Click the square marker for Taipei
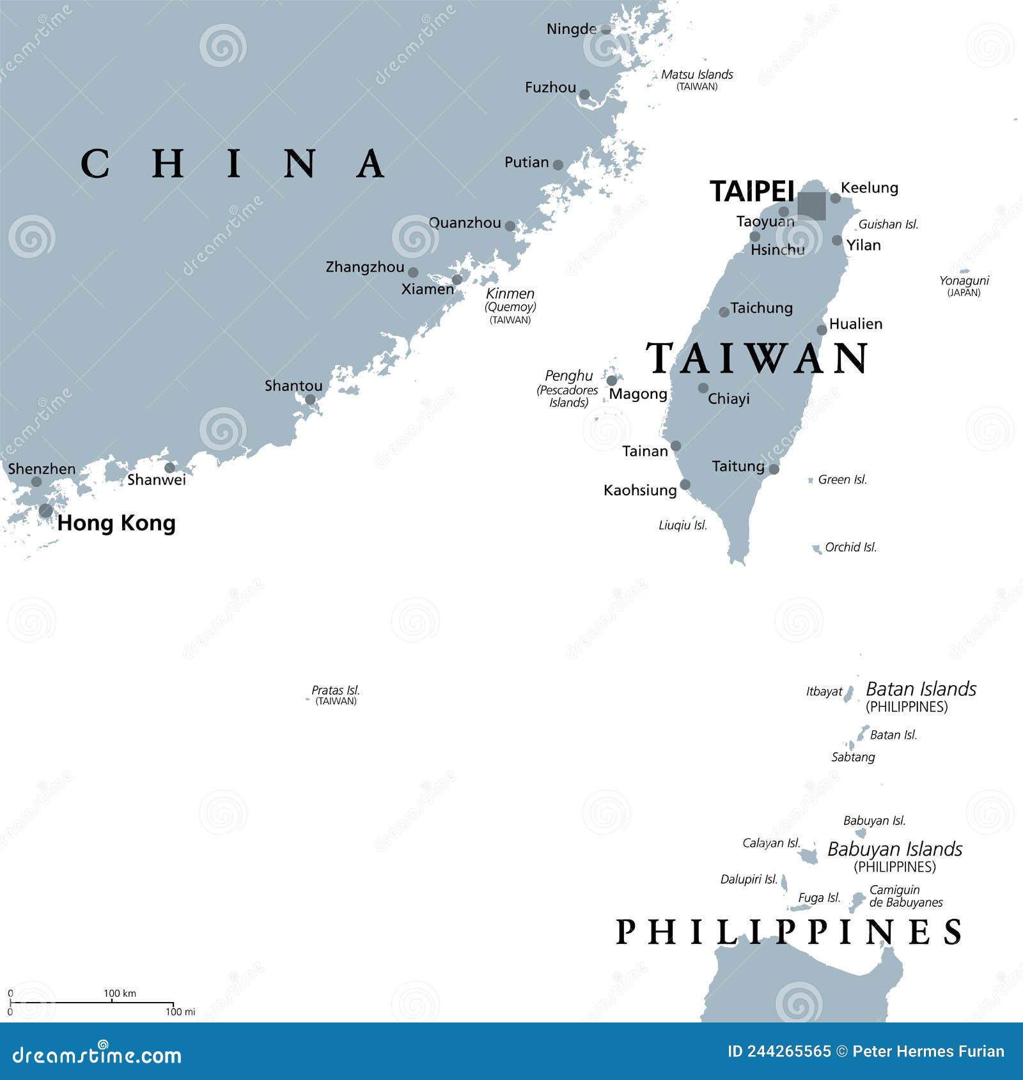pos(811,206)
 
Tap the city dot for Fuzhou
pos(584,95)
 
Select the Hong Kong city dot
pos(45,511)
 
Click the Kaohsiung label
pos(640,490)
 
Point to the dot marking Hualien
pos(822,330)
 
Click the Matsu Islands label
pos(697,75)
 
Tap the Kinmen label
pos(510,294)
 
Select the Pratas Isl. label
pos(336,690)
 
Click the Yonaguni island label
pos(964,281)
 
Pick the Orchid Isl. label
pos(850,547)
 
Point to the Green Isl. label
pos(843,479)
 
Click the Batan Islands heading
pos(921,689)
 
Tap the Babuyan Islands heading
pos(894,849)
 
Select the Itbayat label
pos(824,691)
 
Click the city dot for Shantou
pos(310,400)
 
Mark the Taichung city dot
pos(724,312)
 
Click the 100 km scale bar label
pos(120,993)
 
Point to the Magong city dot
pos(612,381)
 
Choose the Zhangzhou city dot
pos(413,272)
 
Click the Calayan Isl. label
pos(771,843)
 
